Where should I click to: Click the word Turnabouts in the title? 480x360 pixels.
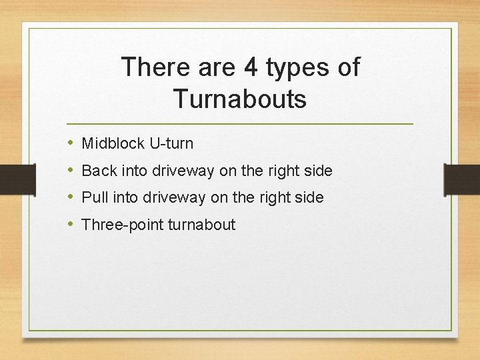240,99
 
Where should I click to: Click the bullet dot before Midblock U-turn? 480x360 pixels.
71,143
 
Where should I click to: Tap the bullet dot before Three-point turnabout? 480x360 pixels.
71,225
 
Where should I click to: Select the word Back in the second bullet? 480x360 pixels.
99,171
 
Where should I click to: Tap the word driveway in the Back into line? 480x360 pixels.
183,171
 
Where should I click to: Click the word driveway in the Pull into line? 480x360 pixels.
175,198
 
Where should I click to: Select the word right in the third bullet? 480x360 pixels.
275,198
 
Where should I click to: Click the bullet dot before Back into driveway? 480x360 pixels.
71,171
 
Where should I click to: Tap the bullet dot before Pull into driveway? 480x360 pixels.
71,197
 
